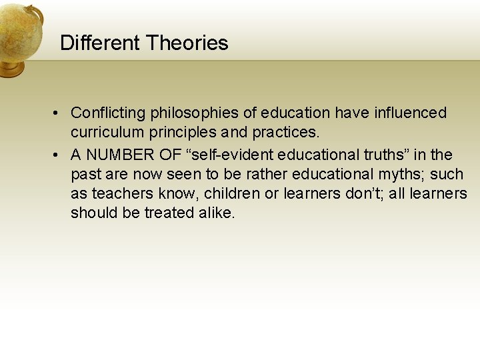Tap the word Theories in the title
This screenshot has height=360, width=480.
click(187, 43)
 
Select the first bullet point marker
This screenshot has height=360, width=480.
click(59, 113)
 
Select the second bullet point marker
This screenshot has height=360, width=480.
click(59, 155)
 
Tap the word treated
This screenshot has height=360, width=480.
click(169, 213)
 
